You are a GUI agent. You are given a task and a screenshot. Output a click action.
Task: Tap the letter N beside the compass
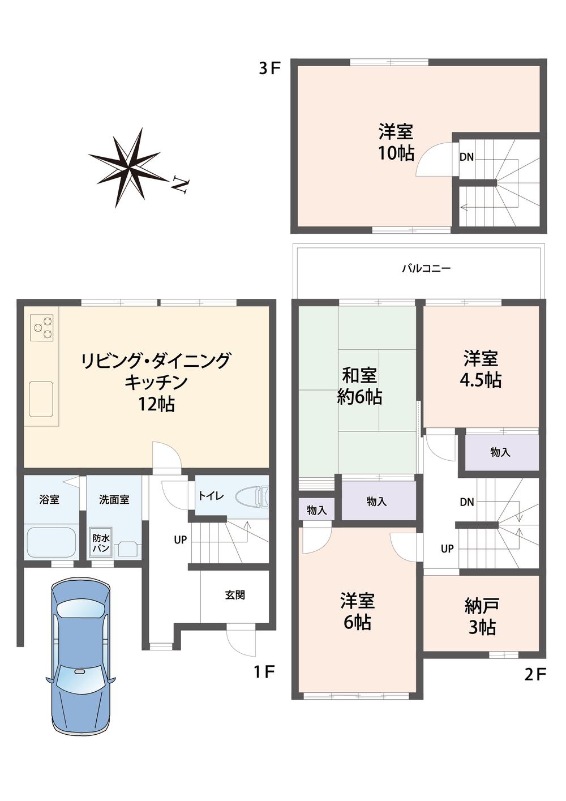click(x=181, y=185)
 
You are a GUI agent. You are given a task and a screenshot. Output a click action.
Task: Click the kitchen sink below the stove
click(x=41, y=399)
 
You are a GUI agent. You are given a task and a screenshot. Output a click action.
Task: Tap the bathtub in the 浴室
click(x=51, y=542)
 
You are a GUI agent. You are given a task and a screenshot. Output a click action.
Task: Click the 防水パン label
click(x=101, y=544)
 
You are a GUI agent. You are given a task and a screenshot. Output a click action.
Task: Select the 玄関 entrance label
click(x=235, y=595)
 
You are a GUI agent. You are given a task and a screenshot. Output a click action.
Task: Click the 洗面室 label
click(x=114, y=500)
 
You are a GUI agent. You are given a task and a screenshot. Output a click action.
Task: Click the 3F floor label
click(x=269, y=68)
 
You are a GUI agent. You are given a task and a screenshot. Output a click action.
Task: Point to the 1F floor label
click(x=264, y=672)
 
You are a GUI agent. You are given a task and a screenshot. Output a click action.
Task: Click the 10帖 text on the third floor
click(x=396, y=153)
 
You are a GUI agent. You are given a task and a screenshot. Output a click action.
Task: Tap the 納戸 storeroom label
click(x=481, y=606)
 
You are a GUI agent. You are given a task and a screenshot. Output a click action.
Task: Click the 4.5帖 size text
click(x=481, y=380)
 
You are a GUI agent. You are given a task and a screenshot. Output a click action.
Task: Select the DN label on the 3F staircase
click(x=466, y=157)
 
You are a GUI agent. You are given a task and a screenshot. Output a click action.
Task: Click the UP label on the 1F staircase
click(x=180, y=540)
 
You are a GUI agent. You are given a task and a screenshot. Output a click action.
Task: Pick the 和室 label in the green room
click(x=359, y=375)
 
